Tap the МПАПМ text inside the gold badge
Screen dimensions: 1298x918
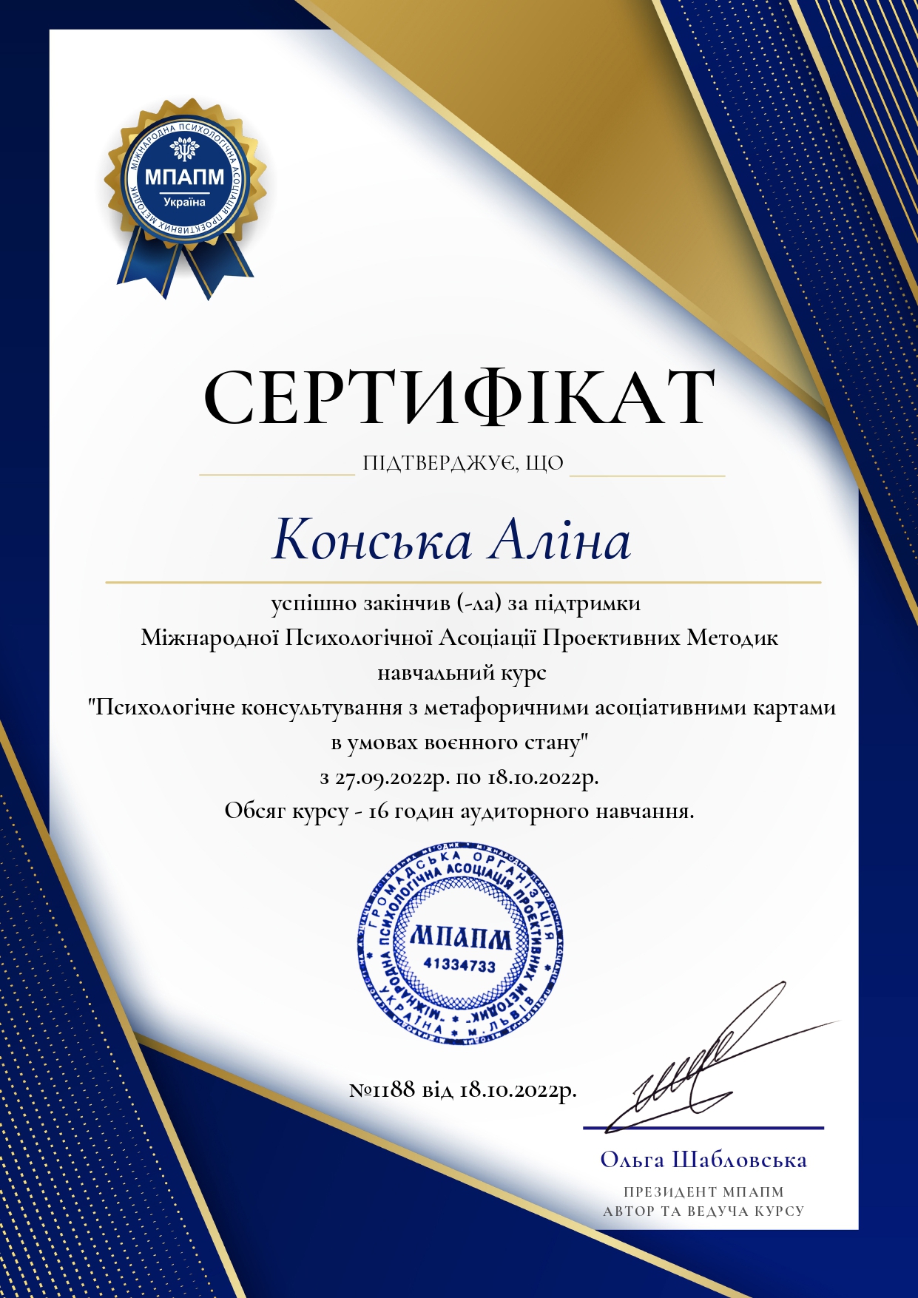[184, 178]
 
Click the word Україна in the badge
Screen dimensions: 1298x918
[184, 202]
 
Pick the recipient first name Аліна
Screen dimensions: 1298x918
[558, 541]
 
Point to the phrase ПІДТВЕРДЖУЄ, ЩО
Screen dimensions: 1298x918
[463, 464]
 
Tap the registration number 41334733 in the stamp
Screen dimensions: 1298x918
[459, 965]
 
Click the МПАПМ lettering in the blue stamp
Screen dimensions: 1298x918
[460, 938]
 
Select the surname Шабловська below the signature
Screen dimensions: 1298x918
[739, 1160]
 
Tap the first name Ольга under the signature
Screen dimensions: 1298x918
[632, 1160]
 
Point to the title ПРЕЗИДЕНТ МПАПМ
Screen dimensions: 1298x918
[703, 1191]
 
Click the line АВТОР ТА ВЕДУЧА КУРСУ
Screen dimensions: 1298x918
[703, 1211]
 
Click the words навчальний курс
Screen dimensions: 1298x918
[462, 673]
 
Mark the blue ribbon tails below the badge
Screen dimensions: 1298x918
[185, 270]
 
